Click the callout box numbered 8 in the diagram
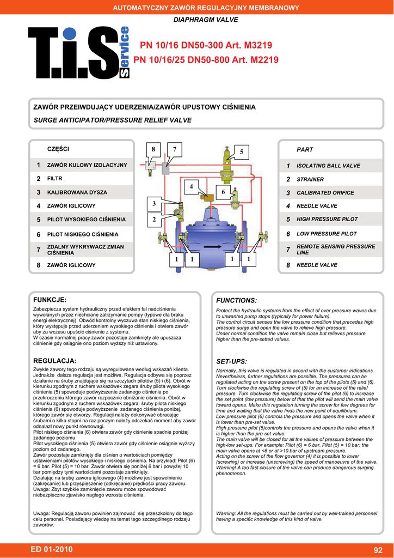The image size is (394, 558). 153,149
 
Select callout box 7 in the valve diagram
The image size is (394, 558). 174,149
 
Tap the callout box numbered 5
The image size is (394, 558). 241,152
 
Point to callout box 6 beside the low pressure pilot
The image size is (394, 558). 223,191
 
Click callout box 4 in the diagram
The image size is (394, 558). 191,187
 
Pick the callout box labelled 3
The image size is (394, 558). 154,204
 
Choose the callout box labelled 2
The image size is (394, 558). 154,220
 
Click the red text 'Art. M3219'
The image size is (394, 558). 248,45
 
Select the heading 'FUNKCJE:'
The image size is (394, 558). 50,300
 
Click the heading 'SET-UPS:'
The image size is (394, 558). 232,361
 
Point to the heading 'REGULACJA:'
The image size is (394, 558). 55,361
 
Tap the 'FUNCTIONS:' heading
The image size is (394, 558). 236,300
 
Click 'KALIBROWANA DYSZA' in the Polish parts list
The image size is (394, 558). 77,192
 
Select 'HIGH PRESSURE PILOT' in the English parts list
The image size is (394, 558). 327,219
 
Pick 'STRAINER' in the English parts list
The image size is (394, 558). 310,179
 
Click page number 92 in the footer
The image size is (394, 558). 378,549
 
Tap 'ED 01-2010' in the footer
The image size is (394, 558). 52,549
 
